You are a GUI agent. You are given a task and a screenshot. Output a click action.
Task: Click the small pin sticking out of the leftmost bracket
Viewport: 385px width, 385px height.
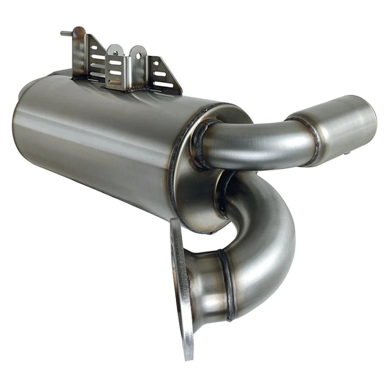64,32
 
